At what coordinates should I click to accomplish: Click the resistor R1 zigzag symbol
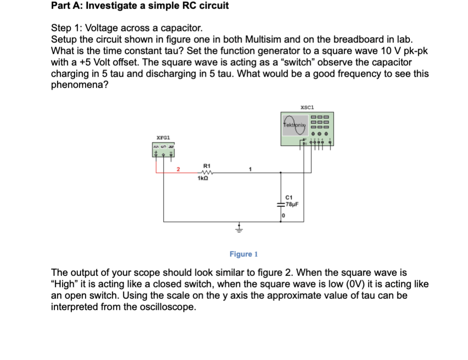coord(205,172)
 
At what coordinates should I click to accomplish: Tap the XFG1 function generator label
coord(163,138)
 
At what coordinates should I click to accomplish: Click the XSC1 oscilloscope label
coord(308,106)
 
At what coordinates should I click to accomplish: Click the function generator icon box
coord(165,149)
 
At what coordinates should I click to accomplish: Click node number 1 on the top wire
coord(250,169)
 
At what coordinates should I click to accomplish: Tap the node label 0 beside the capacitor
coord(283,215)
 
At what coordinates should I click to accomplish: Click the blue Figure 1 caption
coord(244,254)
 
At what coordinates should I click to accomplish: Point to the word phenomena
coord(80,85)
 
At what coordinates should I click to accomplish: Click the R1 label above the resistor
coord(206,165)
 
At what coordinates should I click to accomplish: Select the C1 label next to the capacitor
coord(288,198)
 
